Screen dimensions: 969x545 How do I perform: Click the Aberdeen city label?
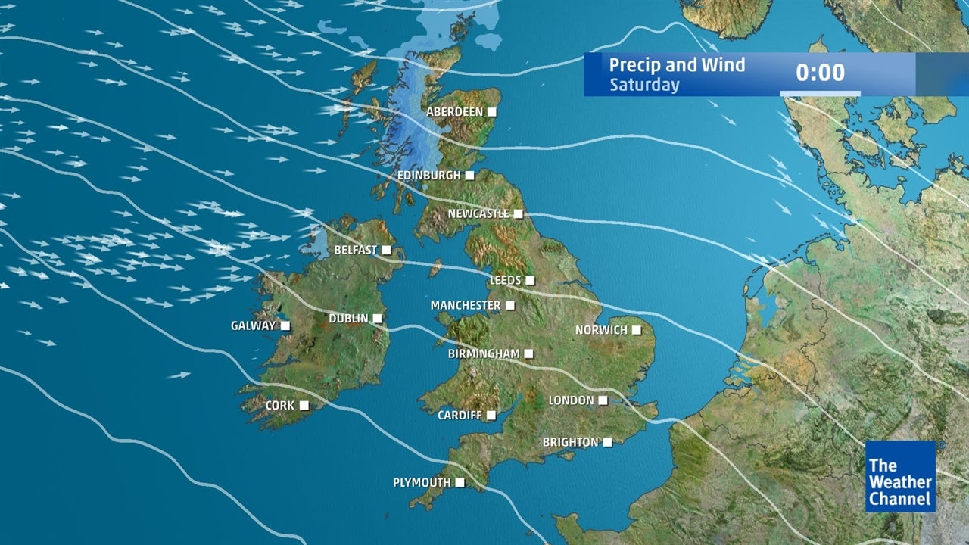(454, 112)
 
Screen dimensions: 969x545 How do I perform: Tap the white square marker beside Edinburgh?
(469, 176)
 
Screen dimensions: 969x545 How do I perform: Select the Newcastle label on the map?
(478, 214)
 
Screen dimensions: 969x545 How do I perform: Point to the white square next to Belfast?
(386, 250)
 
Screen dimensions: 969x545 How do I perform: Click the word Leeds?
(505, 281)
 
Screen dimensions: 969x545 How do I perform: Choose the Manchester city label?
(465, 306)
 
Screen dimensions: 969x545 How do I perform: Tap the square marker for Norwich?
(637, 330)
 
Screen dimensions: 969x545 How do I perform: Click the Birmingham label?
(483, 353)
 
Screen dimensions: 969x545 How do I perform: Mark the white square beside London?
(603, 400)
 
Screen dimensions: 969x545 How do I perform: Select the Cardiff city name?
(460, 416)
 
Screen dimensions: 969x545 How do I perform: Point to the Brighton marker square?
(607, 443)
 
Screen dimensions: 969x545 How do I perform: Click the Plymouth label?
(421, 483)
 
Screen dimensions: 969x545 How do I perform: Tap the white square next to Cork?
(304, 406)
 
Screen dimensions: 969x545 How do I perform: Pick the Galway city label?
(253, 326)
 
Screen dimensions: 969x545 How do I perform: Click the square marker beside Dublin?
(376, 319)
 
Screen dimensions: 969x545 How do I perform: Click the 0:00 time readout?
(820, 73)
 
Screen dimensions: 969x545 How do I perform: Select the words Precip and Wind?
(677, 65)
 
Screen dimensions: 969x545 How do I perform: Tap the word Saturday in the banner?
(644, 85)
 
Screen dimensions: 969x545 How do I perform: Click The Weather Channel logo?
(900, 477)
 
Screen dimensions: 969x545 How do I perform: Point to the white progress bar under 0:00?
(820, 94)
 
